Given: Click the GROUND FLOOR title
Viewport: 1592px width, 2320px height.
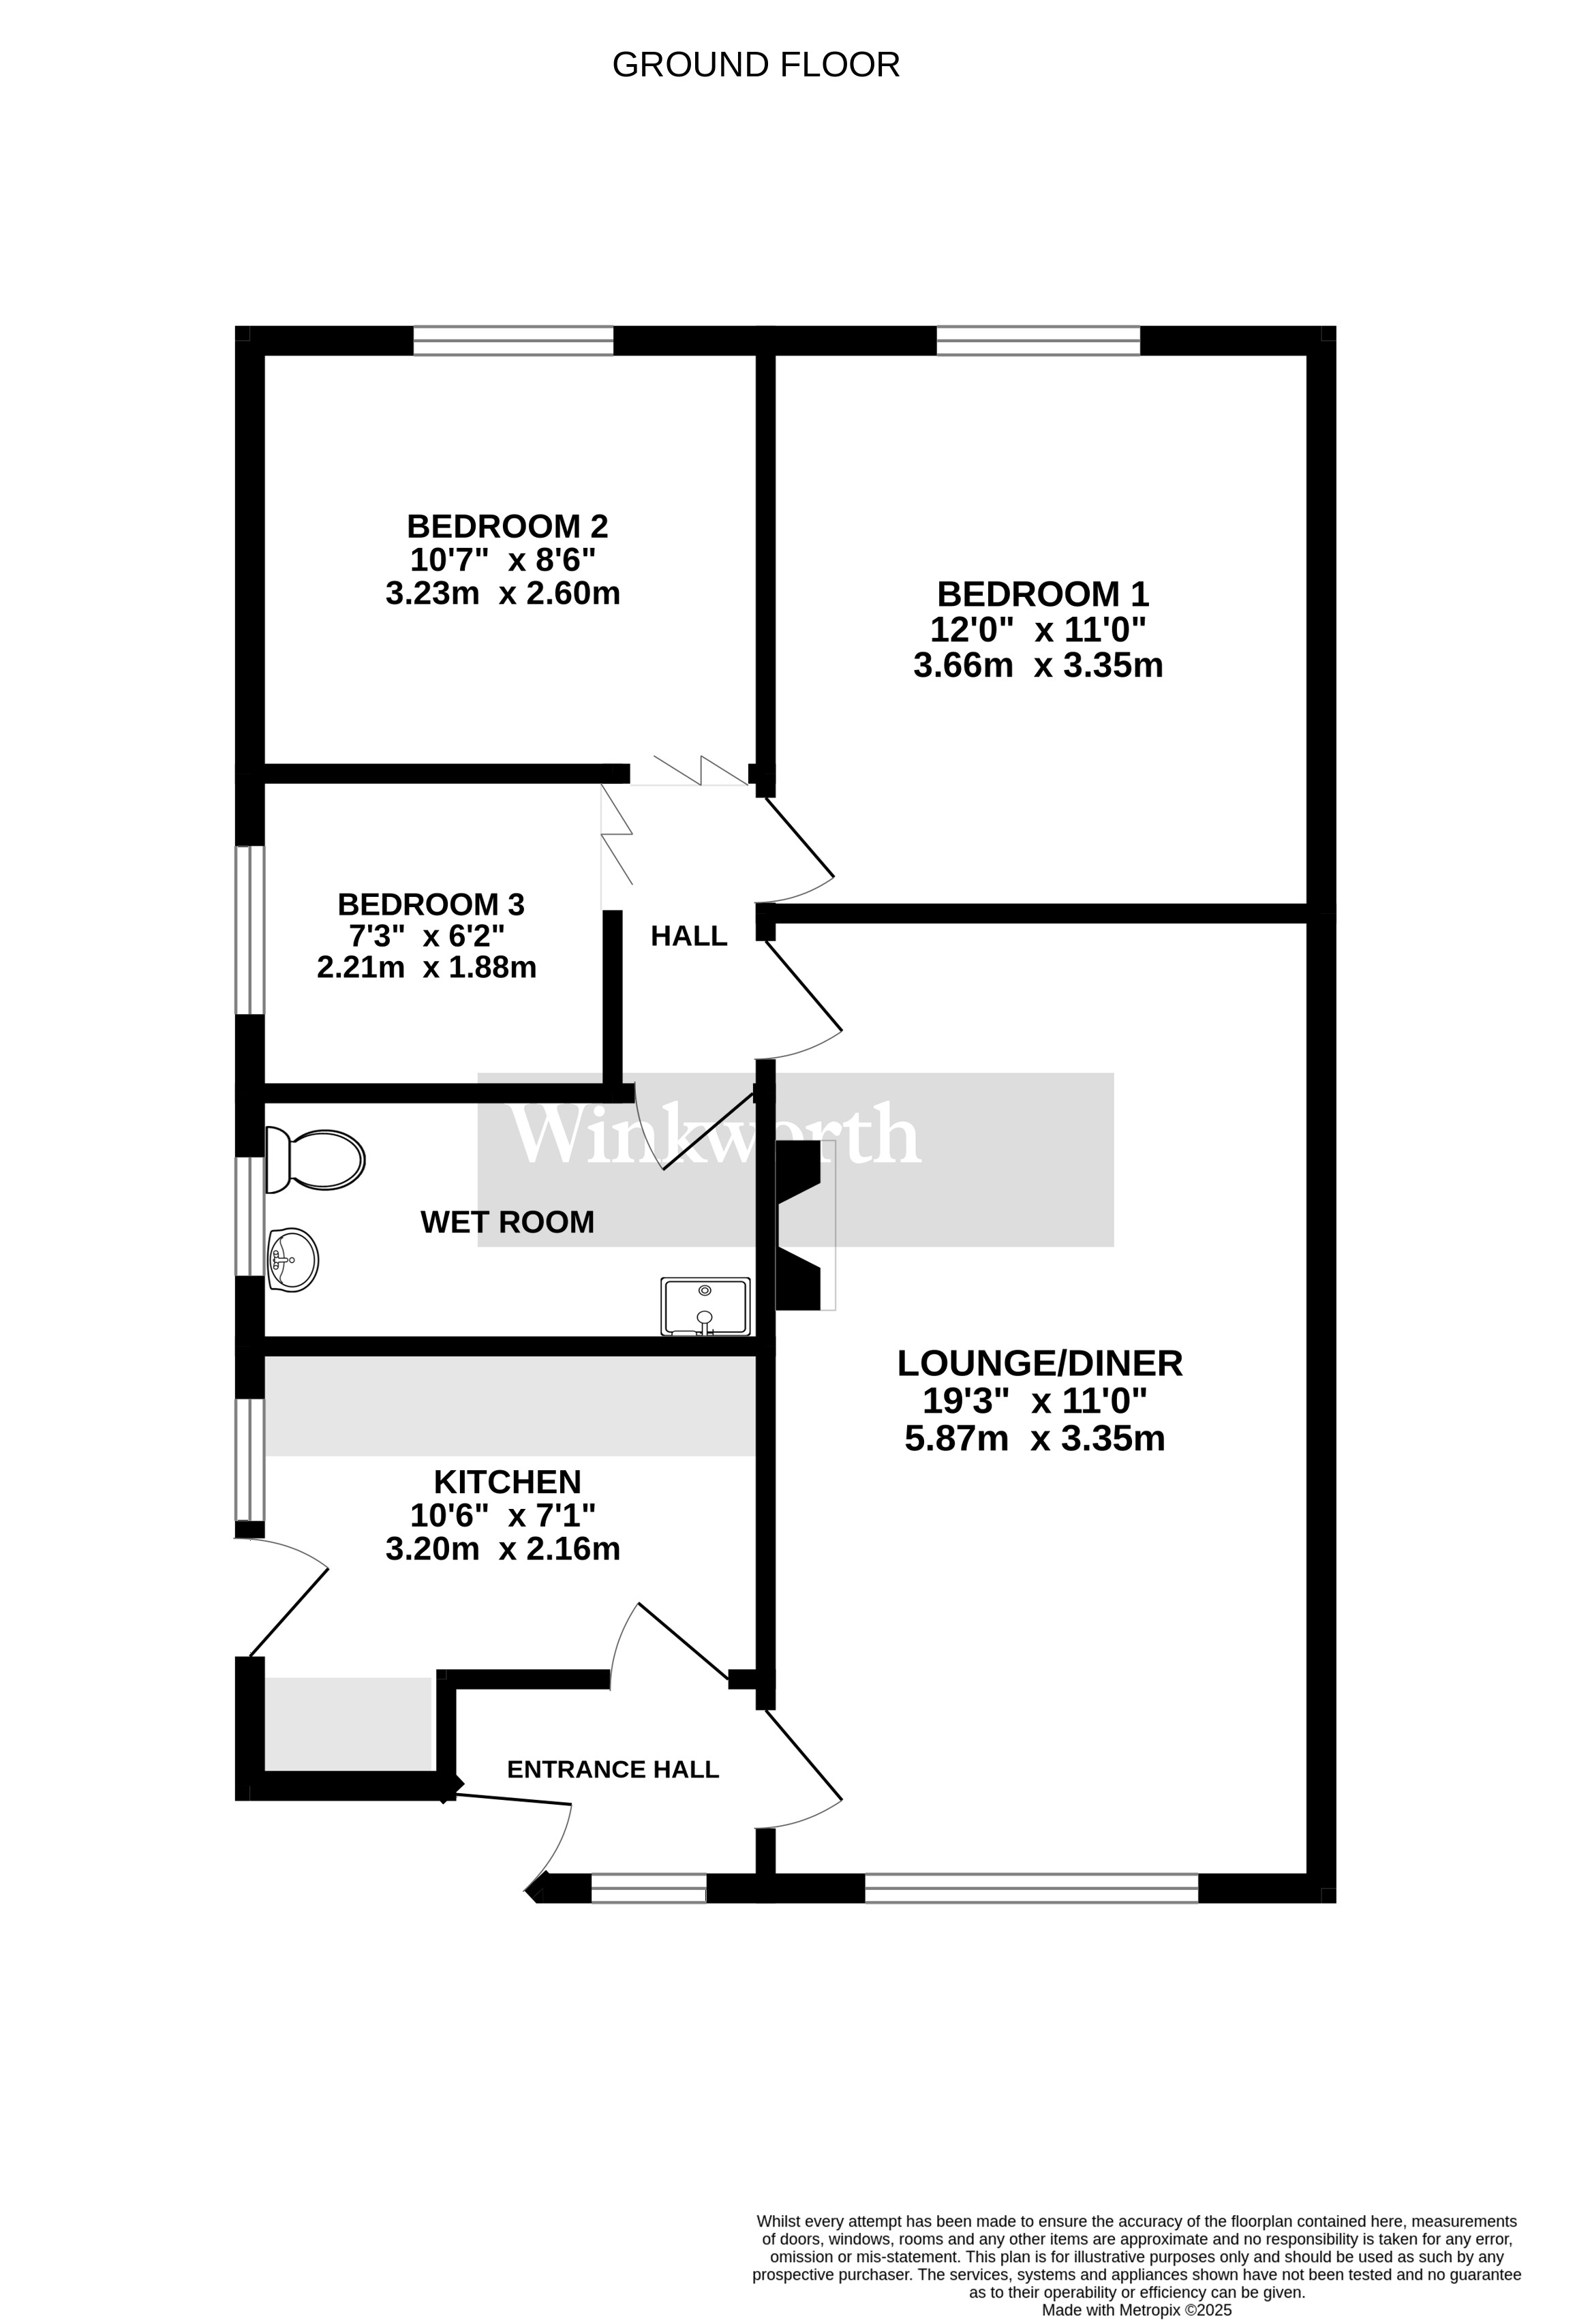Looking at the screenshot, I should coord(756,65).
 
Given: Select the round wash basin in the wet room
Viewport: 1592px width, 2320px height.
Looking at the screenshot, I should coord(292,1260).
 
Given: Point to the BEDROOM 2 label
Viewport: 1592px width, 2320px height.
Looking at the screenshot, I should coord(507,526).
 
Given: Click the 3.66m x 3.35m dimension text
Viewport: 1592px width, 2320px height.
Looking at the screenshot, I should coord(1038,665).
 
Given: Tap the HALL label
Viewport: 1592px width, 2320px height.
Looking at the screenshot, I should coord(689,936).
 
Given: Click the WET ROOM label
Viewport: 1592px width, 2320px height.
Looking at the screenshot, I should coord(507,1222).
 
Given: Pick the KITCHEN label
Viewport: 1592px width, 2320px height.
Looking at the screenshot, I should coord(507,1482).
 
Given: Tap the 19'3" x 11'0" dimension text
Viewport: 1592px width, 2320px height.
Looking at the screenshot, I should coord(1034,1401).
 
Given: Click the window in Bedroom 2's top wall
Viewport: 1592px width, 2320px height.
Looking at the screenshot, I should coord(513,340).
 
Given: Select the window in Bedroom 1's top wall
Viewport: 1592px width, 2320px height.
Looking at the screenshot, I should coord(1038,340).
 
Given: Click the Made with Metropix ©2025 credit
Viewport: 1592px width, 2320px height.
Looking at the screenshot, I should coord(1137,2310).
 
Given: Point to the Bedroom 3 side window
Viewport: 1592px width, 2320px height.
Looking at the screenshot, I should coord(249,930).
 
